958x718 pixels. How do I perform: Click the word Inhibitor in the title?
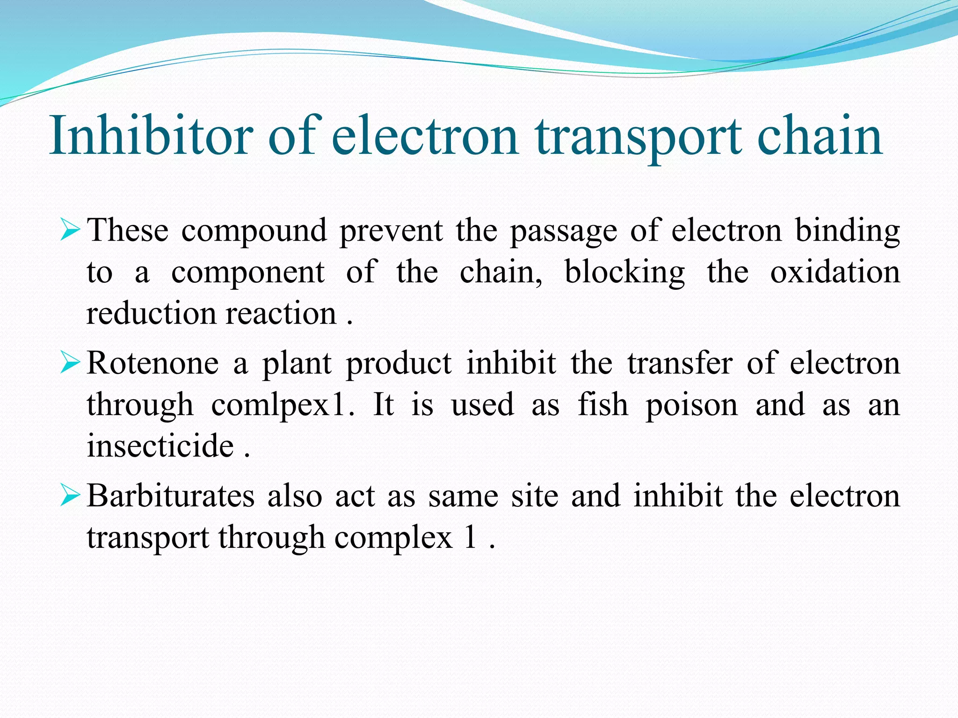point(151,136)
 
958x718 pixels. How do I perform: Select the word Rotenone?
point(152,363)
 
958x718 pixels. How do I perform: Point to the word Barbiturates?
point(171,496)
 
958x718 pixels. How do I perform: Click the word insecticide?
point(160,446)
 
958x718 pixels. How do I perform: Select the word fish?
point(602,405)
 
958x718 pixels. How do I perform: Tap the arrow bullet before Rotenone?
point(70,364)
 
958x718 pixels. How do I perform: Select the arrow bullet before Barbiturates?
point(70,496)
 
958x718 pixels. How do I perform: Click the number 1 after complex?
point(470,538)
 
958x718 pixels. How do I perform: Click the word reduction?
point(151,313)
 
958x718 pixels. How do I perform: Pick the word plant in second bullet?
point(297,364)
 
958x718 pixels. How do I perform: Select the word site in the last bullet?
point(534,496)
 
